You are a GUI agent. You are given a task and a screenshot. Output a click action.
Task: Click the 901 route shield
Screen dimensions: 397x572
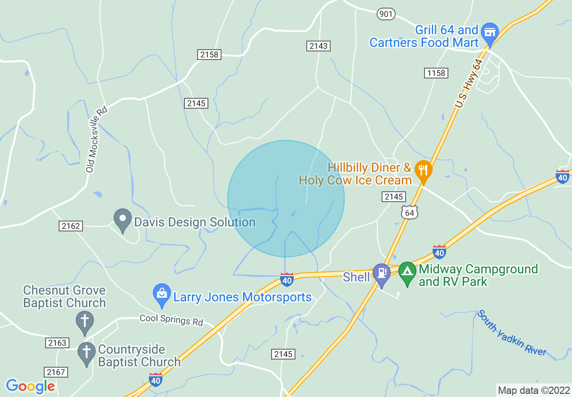pyautogui.click(x=386, y=14)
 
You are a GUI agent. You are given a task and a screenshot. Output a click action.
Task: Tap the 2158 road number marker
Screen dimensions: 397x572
pyautogui.click(x=209, y=55)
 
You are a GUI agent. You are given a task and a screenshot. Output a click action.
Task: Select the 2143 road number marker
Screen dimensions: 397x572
pyautogui.click(x=318, y=46)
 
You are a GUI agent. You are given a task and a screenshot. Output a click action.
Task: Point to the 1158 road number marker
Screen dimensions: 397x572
pyautogui.click(x=436, y=73)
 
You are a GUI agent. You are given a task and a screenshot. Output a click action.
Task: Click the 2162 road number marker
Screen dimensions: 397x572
pyautogui.click(x=71, y=226)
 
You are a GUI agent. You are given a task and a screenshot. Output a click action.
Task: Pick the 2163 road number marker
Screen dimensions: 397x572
pyautogui.click(x=57, y=343)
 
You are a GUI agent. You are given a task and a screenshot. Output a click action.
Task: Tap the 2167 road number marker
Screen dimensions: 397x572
pyautogui.click(x=56, y=372)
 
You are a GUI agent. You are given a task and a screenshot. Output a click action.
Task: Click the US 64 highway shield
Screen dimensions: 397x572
pyautogui.click(x=410, y=212)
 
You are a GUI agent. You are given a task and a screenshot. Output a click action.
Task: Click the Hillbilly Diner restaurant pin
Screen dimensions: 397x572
pyautogui.click(x=423, y=171)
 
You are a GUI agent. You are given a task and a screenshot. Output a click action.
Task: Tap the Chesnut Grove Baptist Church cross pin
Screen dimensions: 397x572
pyautogui.click(x=84, y=321)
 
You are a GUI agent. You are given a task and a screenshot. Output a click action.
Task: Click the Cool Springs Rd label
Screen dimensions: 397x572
pyautogui.click(x=171, y=320)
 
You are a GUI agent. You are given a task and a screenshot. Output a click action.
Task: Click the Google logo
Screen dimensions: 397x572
pyautogui.click(x=31, y=386)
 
